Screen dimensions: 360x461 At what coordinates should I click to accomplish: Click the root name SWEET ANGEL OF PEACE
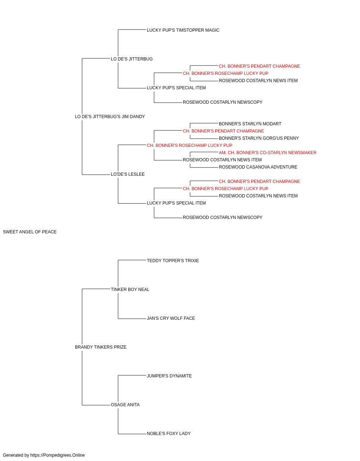pos(30,232)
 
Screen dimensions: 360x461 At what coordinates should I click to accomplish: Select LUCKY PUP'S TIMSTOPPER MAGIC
pos(183,30)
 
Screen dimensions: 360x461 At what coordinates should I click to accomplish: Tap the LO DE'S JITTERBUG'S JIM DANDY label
pos(110,117)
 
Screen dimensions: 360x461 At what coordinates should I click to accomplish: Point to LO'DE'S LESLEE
pos(128,174)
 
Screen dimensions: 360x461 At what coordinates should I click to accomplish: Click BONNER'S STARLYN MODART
pos(250,124)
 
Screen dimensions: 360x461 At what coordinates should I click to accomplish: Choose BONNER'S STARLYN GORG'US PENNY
pos(258,138)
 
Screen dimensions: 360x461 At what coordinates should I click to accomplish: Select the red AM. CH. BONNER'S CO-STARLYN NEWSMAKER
pos(267,153)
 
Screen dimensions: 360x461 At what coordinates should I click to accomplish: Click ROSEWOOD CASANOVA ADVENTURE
pos(258,167)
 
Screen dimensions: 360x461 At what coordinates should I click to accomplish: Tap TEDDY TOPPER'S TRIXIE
pos(173,261)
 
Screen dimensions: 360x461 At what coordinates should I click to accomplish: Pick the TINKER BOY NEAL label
pos(130,290)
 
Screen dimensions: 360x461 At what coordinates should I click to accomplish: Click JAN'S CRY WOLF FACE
pos(171,318)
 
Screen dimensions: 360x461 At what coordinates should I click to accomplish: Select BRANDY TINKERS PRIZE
pos(100,347)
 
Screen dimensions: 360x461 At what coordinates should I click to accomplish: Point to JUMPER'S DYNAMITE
pos(169,376)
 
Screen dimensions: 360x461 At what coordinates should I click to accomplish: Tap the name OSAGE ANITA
pos(125,405)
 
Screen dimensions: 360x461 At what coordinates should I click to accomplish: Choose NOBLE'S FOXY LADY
pos(168,434)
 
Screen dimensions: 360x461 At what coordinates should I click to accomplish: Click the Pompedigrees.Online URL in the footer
pos(57,455)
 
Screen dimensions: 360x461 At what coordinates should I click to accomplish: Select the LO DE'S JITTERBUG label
pos(132,59)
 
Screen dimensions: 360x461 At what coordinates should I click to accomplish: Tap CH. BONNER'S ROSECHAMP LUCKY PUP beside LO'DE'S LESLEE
pos(189,146)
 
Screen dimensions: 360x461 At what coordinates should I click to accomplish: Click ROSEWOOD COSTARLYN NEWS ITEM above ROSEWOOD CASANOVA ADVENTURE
pos(222,160)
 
